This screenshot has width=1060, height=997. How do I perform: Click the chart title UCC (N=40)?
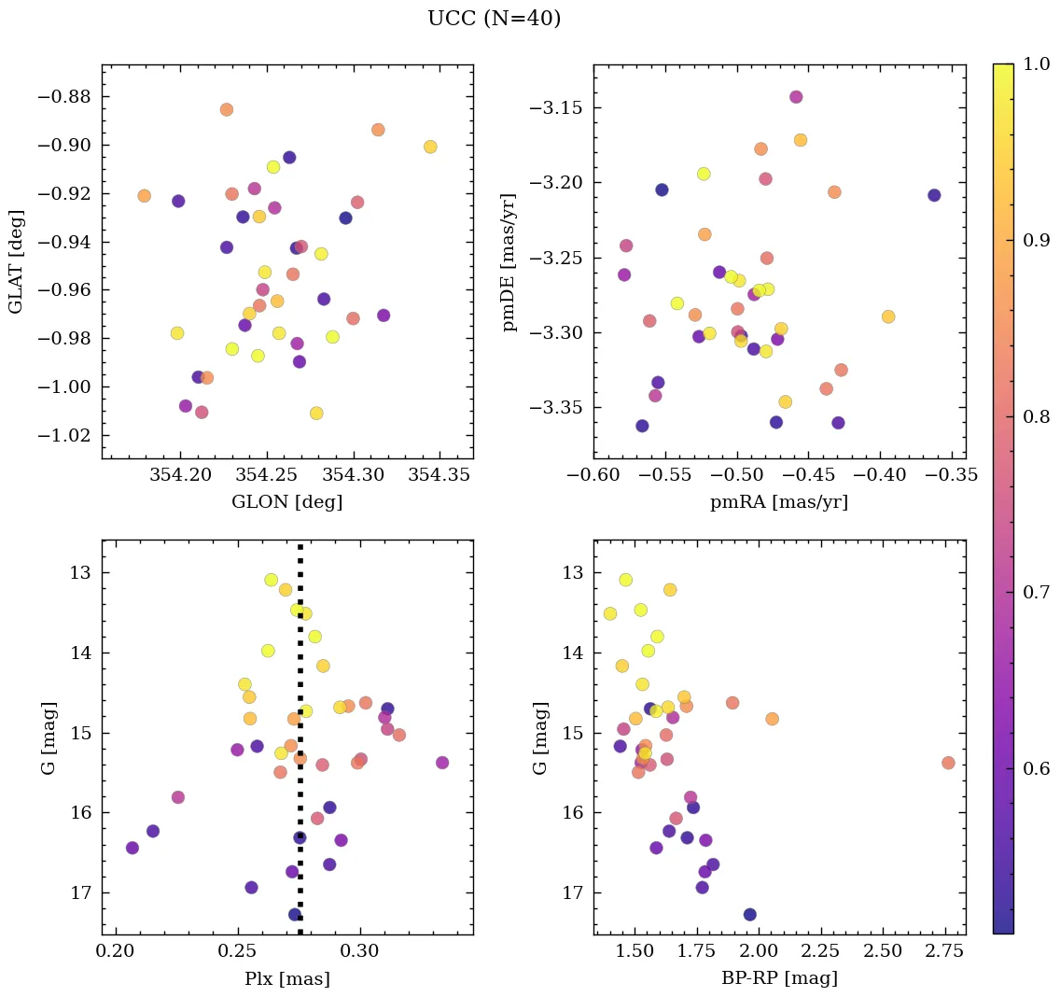tap(494, 19)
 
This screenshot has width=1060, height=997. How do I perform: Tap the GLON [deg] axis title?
tap(286, 502)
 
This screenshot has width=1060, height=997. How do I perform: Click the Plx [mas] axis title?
tap(286, 978)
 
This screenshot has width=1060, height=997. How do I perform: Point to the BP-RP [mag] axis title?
tap(779, 978)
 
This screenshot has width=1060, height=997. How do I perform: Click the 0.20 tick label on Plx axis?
tap(116, 952)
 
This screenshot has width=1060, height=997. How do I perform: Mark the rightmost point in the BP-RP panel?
tap(948, 763)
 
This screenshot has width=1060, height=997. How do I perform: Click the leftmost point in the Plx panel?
tap(132, 848)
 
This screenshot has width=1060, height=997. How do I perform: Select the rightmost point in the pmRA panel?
tap(934, 195)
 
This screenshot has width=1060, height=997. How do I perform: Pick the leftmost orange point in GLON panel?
tap(144, 196)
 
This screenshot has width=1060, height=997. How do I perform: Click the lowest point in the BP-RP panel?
tap(749, 914)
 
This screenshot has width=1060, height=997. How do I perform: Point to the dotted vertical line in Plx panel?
tap(300, 747)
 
